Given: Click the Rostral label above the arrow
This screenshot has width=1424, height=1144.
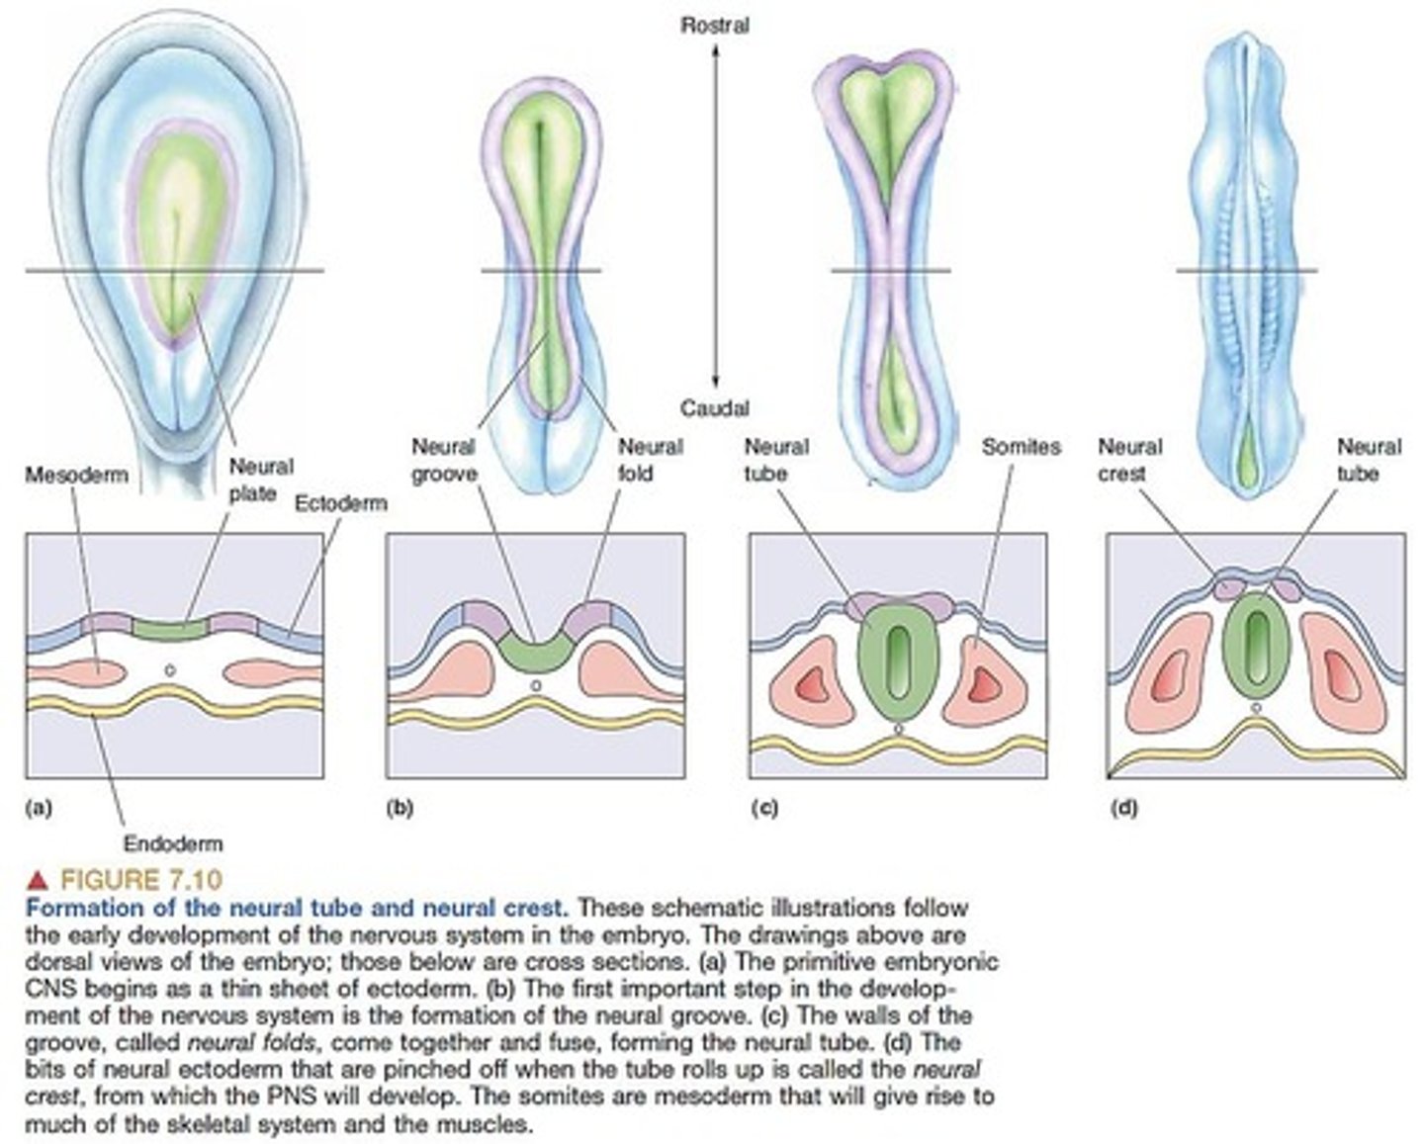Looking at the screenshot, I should point(714,26).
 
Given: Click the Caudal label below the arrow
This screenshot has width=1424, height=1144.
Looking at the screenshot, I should point(714,407).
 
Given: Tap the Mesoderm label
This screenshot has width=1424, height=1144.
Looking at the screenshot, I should point(76,475).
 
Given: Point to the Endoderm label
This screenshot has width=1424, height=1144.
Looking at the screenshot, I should point(173,843).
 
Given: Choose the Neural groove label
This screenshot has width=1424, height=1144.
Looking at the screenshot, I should point(444,460).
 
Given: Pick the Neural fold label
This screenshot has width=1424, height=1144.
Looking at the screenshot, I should point(650,460).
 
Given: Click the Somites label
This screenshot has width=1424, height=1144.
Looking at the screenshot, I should point(1021,447).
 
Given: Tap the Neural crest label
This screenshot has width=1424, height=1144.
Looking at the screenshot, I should point(1129,460).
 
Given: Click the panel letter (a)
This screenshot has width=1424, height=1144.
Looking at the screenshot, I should point(38,807).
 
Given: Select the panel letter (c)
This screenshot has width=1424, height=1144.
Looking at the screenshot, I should point(763,807).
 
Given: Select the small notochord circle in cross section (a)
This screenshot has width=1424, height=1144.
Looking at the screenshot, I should point(169,670).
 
